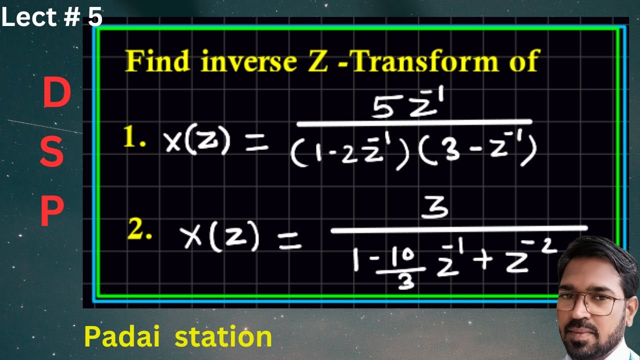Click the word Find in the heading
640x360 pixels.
click(x=157, y=61)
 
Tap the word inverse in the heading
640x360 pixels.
click(x=248, y=61)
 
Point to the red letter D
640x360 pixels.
click(x=56, y=94)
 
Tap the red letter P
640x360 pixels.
click(x=52, y=211)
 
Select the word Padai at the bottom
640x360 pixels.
click(x=122, y=336)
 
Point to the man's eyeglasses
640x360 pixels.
click(x=592, y=303)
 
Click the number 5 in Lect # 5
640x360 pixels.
click(x=95, y=17)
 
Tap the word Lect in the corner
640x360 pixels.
click(x=29, y=17)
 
